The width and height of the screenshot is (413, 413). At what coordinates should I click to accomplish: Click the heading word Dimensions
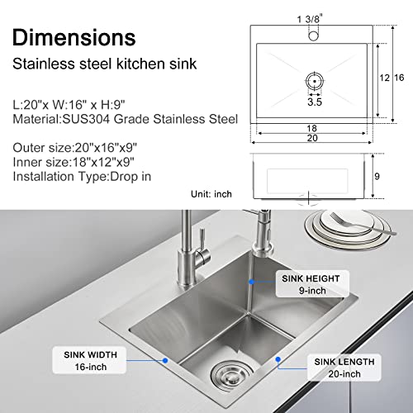tap(74, 36)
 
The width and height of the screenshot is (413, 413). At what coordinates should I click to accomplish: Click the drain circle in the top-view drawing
tap(314, 82)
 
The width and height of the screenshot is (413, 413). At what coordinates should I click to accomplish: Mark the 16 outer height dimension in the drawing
tap(399, 78)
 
